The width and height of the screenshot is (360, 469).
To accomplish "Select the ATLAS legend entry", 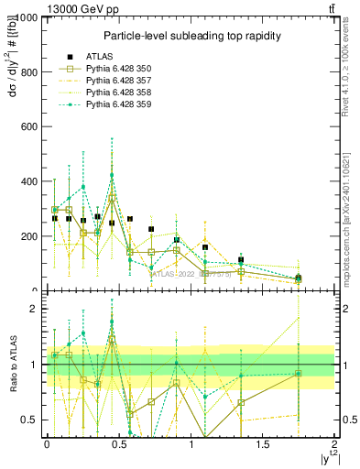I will tap(102, 58).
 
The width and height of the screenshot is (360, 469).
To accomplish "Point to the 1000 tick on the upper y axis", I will tap(26, 18).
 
